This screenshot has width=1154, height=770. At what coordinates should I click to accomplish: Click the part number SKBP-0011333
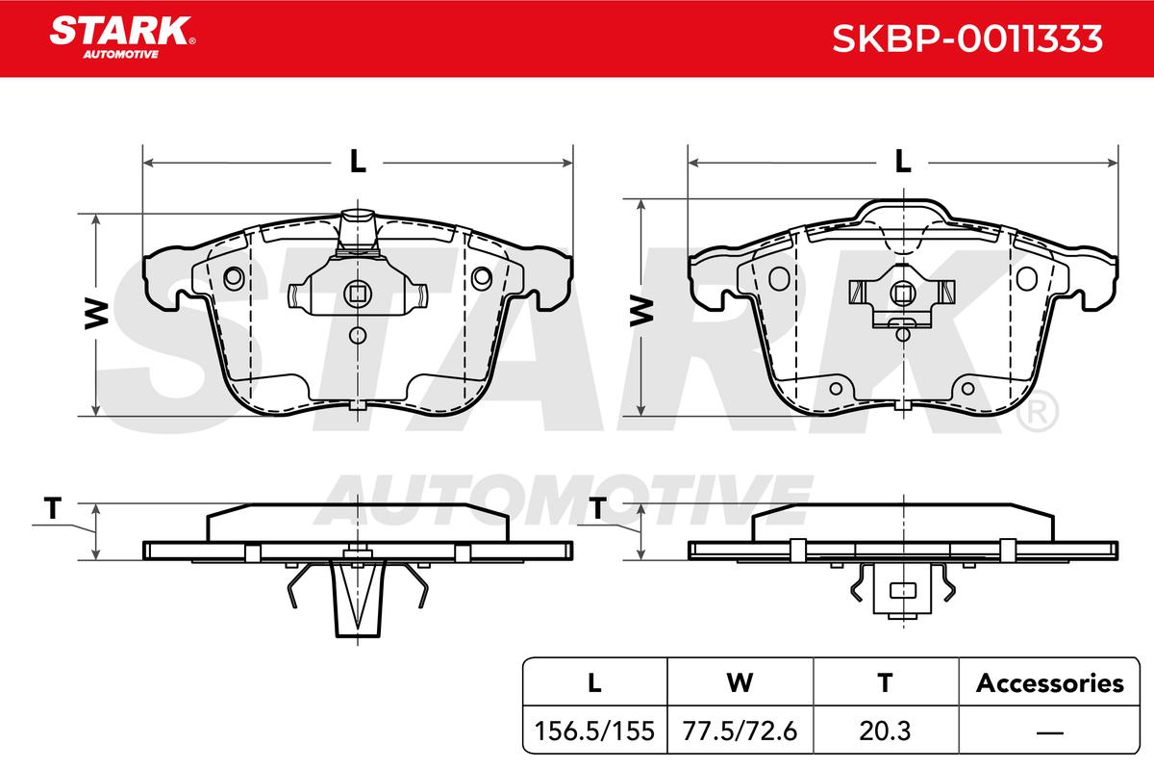[967, 38]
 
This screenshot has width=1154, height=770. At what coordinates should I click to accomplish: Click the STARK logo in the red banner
[122, 38]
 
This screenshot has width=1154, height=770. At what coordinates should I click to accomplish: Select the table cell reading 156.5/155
[594, 731]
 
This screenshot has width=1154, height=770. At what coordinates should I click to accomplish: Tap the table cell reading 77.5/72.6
[740, 731]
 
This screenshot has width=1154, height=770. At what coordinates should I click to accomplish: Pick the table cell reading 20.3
[885, 731]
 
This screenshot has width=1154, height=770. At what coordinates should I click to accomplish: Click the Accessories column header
[1049, 682]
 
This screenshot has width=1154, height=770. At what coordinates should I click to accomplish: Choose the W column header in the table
[740, 682]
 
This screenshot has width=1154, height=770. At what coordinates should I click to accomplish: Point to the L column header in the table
[594, 682]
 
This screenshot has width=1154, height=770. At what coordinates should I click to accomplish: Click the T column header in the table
[885, 682]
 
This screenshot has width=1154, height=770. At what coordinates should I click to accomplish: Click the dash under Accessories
[1049, 732]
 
